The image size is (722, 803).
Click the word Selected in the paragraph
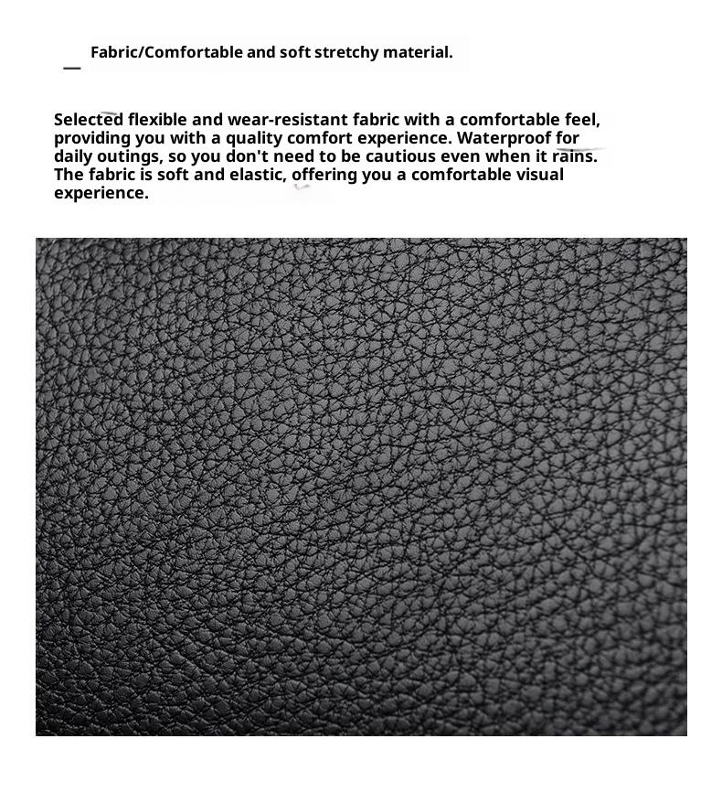pyautogui.click(x=88, y=120)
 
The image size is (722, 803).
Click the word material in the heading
pyautogui.click(x=417, y=52)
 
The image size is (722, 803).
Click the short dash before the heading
pyautogui.click(x=72, y=68)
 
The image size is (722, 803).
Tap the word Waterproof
pyautogui.click(x=501, y=138)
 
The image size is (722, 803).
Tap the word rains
pyautogui.click(x=574, y=156)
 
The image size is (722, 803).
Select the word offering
pyautogui.click(x=324, y=175)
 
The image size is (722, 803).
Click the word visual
pyautogui.click(x=539, y=175)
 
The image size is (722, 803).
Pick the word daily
pyautogui.click(x=72, y=156)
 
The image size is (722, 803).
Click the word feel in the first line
pyautogui.click(x=582, y=120)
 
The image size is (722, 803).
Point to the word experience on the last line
pyautogui.click(x=101, y=193)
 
